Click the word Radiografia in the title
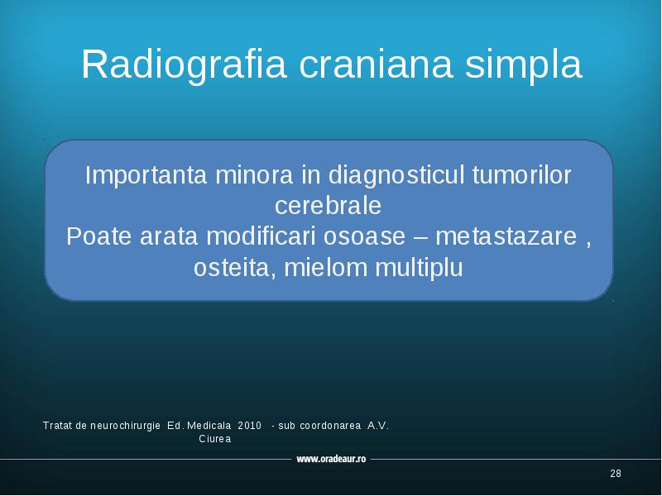pos(184,64)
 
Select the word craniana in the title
pos(376,64)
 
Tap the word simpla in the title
pos(524,64)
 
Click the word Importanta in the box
pos(146,175)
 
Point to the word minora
pos(254,175)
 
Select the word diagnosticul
pos(396,175)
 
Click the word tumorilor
pos(522,175)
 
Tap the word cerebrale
pos(328,206)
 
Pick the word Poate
pos(98,236)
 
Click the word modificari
pos(261,236)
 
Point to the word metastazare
pos(506,237)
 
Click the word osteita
pos(233,268)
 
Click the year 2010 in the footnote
pos(250,426)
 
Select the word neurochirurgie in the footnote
pos(126,426)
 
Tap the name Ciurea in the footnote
pos(215,439)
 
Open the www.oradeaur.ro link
pos(331,459)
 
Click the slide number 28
pos(616,474)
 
